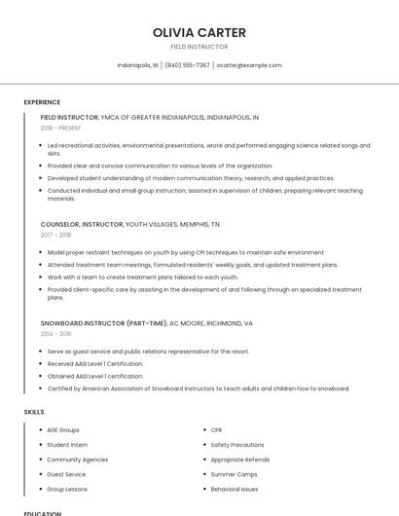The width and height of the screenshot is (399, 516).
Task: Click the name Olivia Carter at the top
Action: click(x=199, y=32)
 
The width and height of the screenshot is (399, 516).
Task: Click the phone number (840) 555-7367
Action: click(x=187, y=65)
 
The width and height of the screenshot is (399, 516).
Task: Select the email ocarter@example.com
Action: click(x=249, y=65)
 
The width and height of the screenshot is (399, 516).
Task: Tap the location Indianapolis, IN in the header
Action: click(x=137, y=65)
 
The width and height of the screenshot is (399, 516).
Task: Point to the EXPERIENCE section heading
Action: click(x=42, y=102)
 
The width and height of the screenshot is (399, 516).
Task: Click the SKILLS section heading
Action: click(x=34, y=412)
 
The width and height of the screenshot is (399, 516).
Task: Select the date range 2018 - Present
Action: click(x=62, y=128)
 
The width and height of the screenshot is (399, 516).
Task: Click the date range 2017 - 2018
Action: click(x=55, y=235)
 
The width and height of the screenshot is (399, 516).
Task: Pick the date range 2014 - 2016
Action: click(x=55, y=333)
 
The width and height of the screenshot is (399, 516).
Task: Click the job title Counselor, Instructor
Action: click(x=82, y=224)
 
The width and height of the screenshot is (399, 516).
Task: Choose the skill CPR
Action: click(x=217, y=429)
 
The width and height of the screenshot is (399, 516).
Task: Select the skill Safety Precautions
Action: click(x=237, y=444)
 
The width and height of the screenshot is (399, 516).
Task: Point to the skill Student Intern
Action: click(x=68, y=444)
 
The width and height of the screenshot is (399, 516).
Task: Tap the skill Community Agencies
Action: click(x=78, y=460)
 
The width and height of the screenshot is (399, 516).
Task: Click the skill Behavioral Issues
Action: click(x=235, y=489)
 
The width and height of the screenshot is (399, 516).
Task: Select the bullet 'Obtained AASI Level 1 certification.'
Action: click(x=95, y=376)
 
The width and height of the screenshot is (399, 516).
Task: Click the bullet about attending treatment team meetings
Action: click(x=193, y=264)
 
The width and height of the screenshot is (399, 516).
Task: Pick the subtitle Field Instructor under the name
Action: click(x=199, y=47)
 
